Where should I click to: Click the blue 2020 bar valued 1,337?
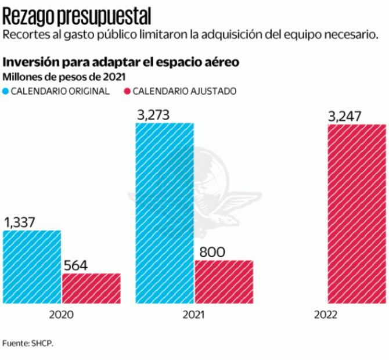pyautogui.click(x=32, y=267)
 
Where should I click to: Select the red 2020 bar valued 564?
pyautogui.click(x=91, y=288)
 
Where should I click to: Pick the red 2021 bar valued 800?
pyautogui.click(x=224, y=282)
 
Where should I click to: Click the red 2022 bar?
pyautogui.click(x=356, y=213)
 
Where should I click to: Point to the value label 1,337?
pyautogui.click(x=20, y=222)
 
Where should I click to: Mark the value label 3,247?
pyautogui.click(x=345, y=116)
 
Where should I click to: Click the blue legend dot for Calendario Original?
pyautogui.click(x=6, y=91)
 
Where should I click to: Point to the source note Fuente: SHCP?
pyautogui.click(x=27, y=343)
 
